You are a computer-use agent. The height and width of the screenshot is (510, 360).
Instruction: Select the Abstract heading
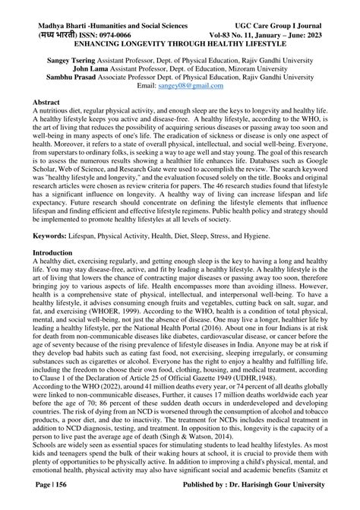[42, 101]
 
